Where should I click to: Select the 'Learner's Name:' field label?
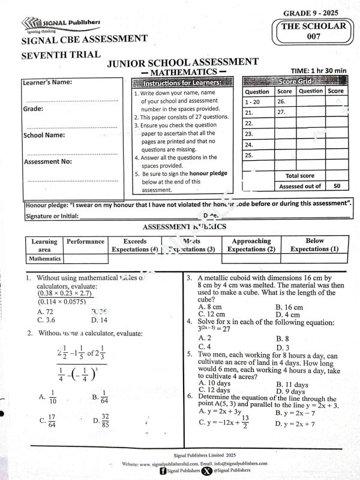[x=47, y=82]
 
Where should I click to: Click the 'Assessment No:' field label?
[x=47, y=161]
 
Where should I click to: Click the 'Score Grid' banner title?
[x=295, y=81]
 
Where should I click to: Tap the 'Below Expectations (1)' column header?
[x=314, y=245]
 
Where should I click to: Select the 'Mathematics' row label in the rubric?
[x=45, y=259]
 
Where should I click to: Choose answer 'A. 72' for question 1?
[x=45, y=312]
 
